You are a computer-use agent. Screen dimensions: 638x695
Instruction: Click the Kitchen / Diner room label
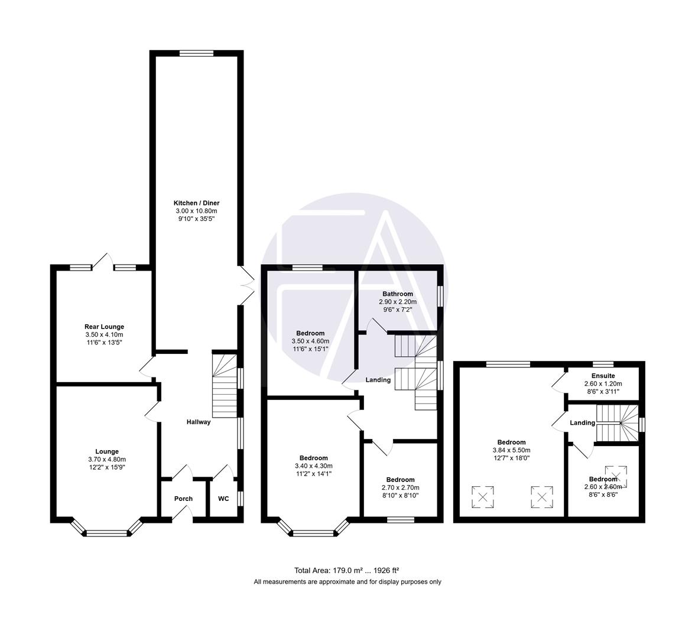197,203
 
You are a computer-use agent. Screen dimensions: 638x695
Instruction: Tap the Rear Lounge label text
104,327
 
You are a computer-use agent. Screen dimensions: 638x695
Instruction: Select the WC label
223,499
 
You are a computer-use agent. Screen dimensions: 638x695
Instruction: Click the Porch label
183,499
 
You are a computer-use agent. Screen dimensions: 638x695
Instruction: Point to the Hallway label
199,422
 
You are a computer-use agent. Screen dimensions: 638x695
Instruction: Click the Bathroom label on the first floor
397,294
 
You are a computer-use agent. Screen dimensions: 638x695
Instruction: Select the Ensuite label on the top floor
603,376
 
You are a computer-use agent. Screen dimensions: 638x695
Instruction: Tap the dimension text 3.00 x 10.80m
197,211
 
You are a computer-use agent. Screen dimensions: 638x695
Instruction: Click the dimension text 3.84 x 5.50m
511,450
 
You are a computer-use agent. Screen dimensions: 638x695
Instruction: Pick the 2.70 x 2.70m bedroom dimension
400,487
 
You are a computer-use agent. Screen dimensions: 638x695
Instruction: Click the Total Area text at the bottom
347,570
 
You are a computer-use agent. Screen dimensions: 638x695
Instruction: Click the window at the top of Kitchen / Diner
197,53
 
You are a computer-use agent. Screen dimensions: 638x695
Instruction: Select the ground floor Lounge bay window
107,533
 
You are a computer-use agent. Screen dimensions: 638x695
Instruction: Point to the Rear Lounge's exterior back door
104,262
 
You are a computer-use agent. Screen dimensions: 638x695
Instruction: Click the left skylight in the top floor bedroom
483,496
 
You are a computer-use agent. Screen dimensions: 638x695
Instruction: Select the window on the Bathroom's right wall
440,296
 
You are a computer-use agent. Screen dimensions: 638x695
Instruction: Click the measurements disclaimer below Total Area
347,582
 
